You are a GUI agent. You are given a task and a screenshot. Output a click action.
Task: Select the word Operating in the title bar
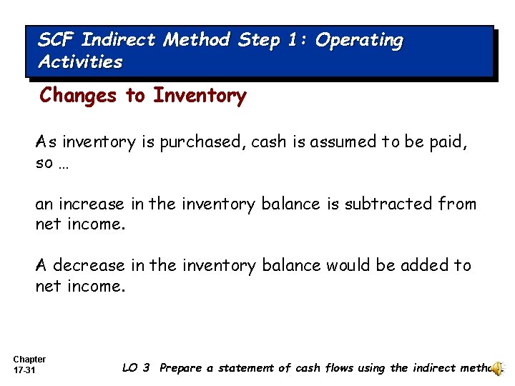359,41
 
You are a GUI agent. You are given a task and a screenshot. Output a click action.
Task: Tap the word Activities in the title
80,62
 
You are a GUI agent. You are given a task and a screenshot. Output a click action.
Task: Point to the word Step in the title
259,41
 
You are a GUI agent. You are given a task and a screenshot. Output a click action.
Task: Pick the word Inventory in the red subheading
200,96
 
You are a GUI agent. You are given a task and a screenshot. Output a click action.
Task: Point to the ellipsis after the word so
64,163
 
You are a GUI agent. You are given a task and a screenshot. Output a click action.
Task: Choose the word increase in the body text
92,204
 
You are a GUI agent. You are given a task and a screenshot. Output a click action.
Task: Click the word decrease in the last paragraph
89,265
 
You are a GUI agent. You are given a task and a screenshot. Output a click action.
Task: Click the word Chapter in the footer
29,360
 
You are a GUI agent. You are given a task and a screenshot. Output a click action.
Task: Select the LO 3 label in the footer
136,368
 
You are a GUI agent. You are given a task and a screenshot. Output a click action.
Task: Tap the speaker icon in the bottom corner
498,367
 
